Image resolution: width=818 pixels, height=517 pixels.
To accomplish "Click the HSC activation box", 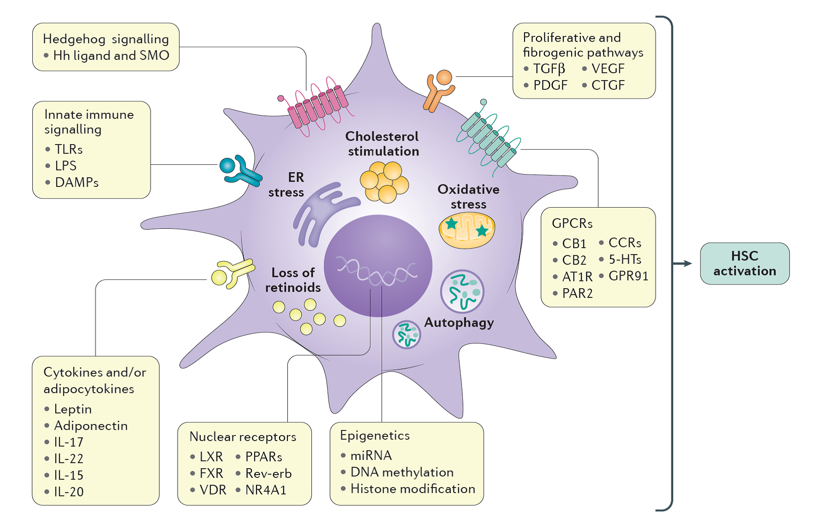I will click(744, 263).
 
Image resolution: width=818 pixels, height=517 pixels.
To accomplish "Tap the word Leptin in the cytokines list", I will click(73, 409).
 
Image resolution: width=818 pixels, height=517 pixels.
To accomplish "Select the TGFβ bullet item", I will click(549, 69).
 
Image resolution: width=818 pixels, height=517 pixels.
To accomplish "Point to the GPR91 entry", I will click(628, 276).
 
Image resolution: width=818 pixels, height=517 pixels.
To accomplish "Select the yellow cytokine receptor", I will click(232, 273).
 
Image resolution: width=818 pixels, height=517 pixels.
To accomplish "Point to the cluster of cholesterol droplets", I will click(384, 182).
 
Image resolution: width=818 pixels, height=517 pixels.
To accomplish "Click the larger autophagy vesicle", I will click(462, 291).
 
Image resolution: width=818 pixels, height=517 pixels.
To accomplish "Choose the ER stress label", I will click(286, 185).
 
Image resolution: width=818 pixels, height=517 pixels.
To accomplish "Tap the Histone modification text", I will click(412, 488).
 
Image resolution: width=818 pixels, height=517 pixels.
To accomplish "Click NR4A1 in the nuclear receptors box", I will click(266, 490).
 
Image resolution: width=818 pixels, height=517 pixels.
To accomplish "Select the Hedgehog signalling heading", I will click(105, 39).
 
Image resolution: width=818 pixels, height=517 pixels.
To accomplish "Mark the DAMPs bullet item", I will click(76, 182).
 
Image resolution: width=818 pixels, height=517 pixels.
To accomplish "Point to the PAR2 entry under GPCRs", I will click(577, 293).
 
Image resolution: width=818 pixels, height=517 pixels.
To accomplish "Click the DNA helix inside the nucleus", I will click(377, 272).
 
